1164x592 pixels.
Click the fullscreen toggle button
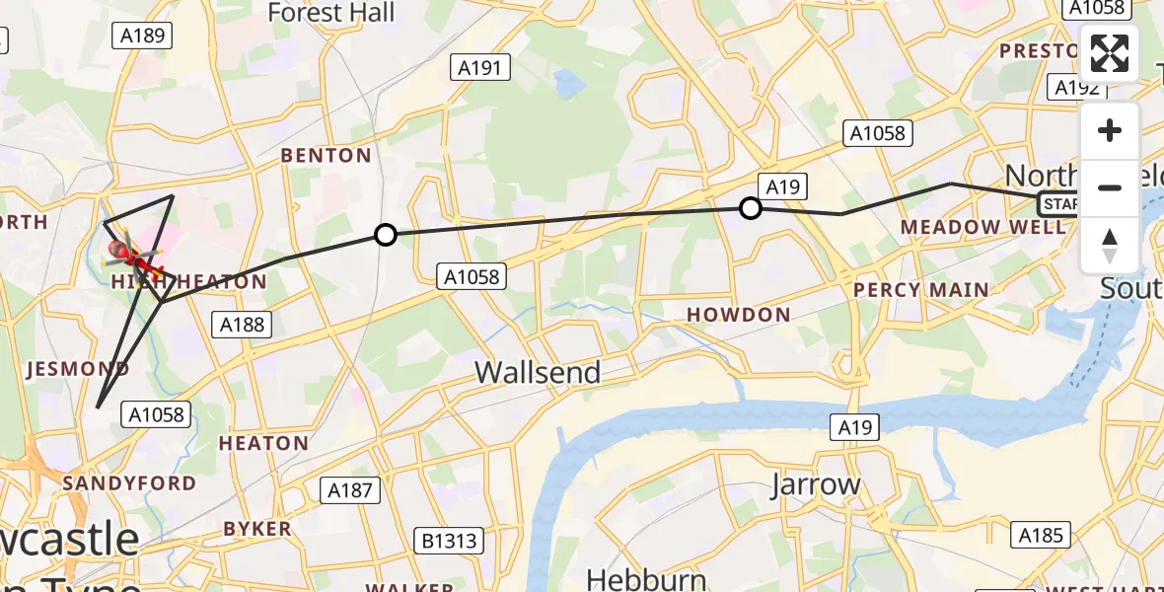1110,53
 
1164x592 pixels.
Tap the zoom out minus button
1110,187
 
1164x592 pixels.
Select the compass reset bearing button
1110,245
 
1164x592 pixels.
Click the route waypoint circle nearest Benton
386,235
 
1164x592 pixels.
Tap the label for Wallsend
538,372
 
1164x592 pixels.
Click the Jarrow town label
815,484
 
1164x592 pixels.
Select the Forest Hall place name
330,13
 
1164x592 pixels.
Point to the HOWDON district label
739,315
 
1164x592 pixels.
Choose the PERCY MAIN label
921,290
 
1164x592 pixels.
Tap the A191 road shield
480,67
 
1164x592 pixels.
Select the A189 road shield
142,36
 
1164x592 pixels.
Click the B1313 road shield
450,541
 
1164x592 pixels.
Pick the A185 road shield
1041,535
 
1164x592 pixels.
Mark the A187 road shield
349,489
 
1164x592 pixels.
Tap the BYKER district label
257,529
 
